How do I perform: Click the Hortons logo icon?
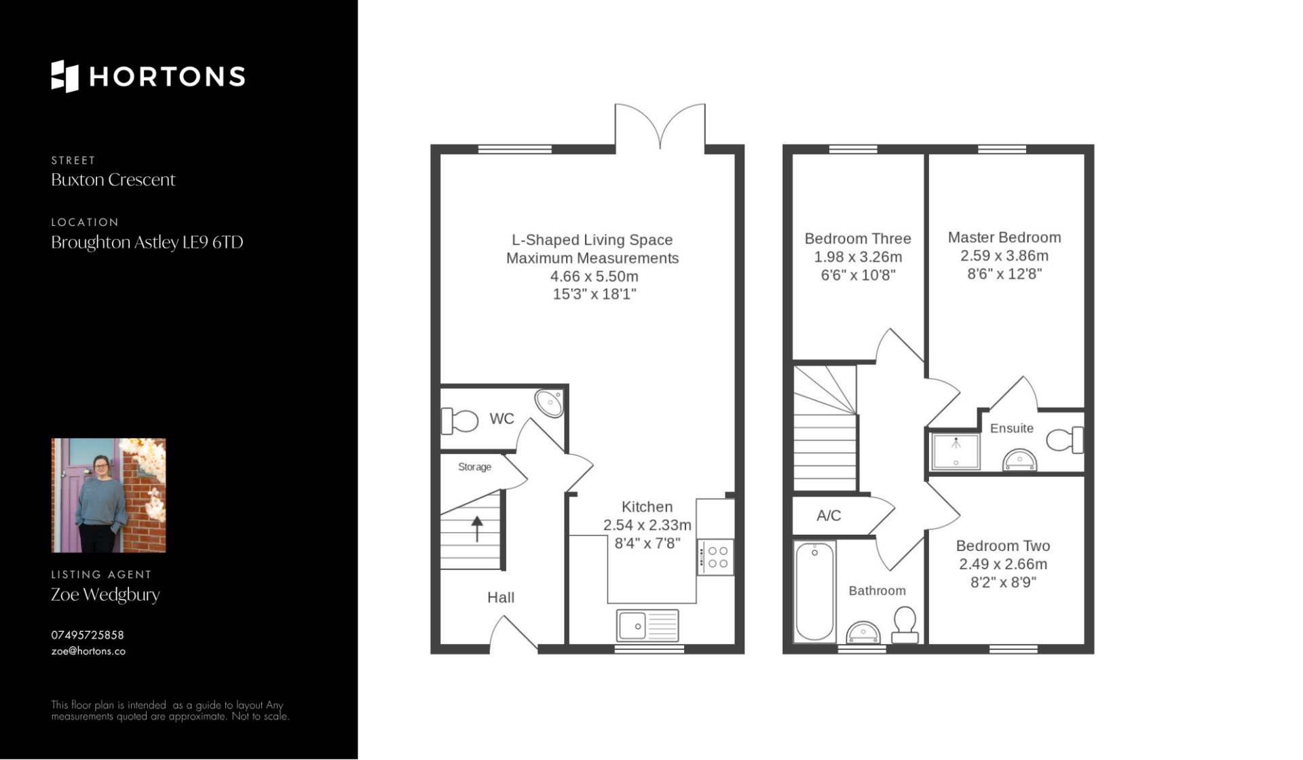pyautogui.click(x=65, y=76)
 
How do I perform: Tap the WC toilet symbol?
pyautogui.click(x=459, y=421)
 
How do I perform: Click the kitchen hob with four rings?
pyautogui.click(x=716, y=557)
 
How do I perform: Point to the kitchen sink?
pyautogui.click(x=647, y=625)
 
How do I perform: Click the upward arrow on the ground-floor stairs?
pyautogui.click(x=477, y=529)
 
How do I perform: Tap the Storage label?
pyautogui.click(x=474, y=467)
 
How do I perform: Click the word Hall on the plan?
pyautogui.click(x=501, y=598)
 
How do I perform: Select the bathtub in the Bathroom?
pyautogui.click(x=814, y=592)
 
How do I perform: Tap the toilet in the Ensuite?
pyautogui.click(x=1064, y=440)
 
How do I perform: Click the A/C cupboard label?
pyautogui.click(x=829, y=516)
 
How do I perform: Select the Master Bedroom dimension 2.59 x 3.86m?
pyautogui.click(x=1004, y=256)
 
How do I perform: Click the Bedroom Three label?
pyautogui.click(x=858, y=239)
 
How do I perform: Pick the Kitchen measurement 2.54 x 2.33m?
pyautogui.click(x=647, y=525)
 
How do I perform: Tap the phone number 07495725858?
pyautogui.click(x=88, y=635)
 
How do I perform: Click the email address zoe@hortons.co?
pyautogui.click(x=88, y=651)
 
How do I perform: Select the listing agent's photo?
pyautogui.click(x=109, y=495)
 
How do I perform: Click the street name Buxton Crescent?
pyautogui.click(x=113, y=180)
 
